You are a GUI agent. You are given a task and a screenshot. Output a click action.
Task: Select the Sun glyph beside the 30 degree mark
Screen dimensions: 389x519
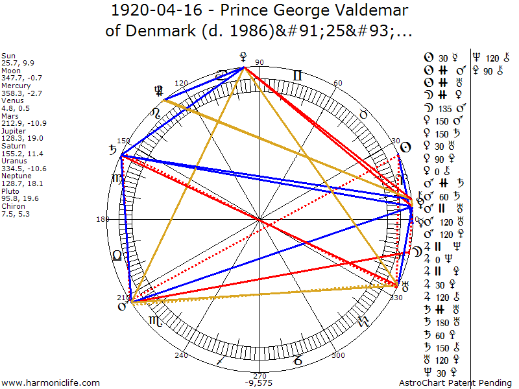click(404, 147)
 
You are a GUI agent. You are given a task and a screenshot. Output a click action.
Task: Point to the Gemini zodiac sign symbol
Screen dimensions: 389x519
click(296, 75)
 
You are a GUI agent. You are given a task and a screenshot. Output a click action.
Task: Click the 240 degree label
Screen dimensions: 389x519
click(181, 355)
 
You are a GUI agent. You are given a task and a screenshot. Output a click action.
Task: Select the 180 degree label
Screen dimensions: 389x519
click(103, 219)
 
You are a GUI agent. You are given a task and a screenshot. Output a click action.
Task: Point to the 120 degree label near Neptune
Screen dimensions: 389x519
click(181, 84)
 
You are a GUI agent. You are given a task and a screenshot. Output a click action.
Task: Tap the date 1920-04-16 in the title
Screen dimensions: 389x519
click(154, 11)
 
